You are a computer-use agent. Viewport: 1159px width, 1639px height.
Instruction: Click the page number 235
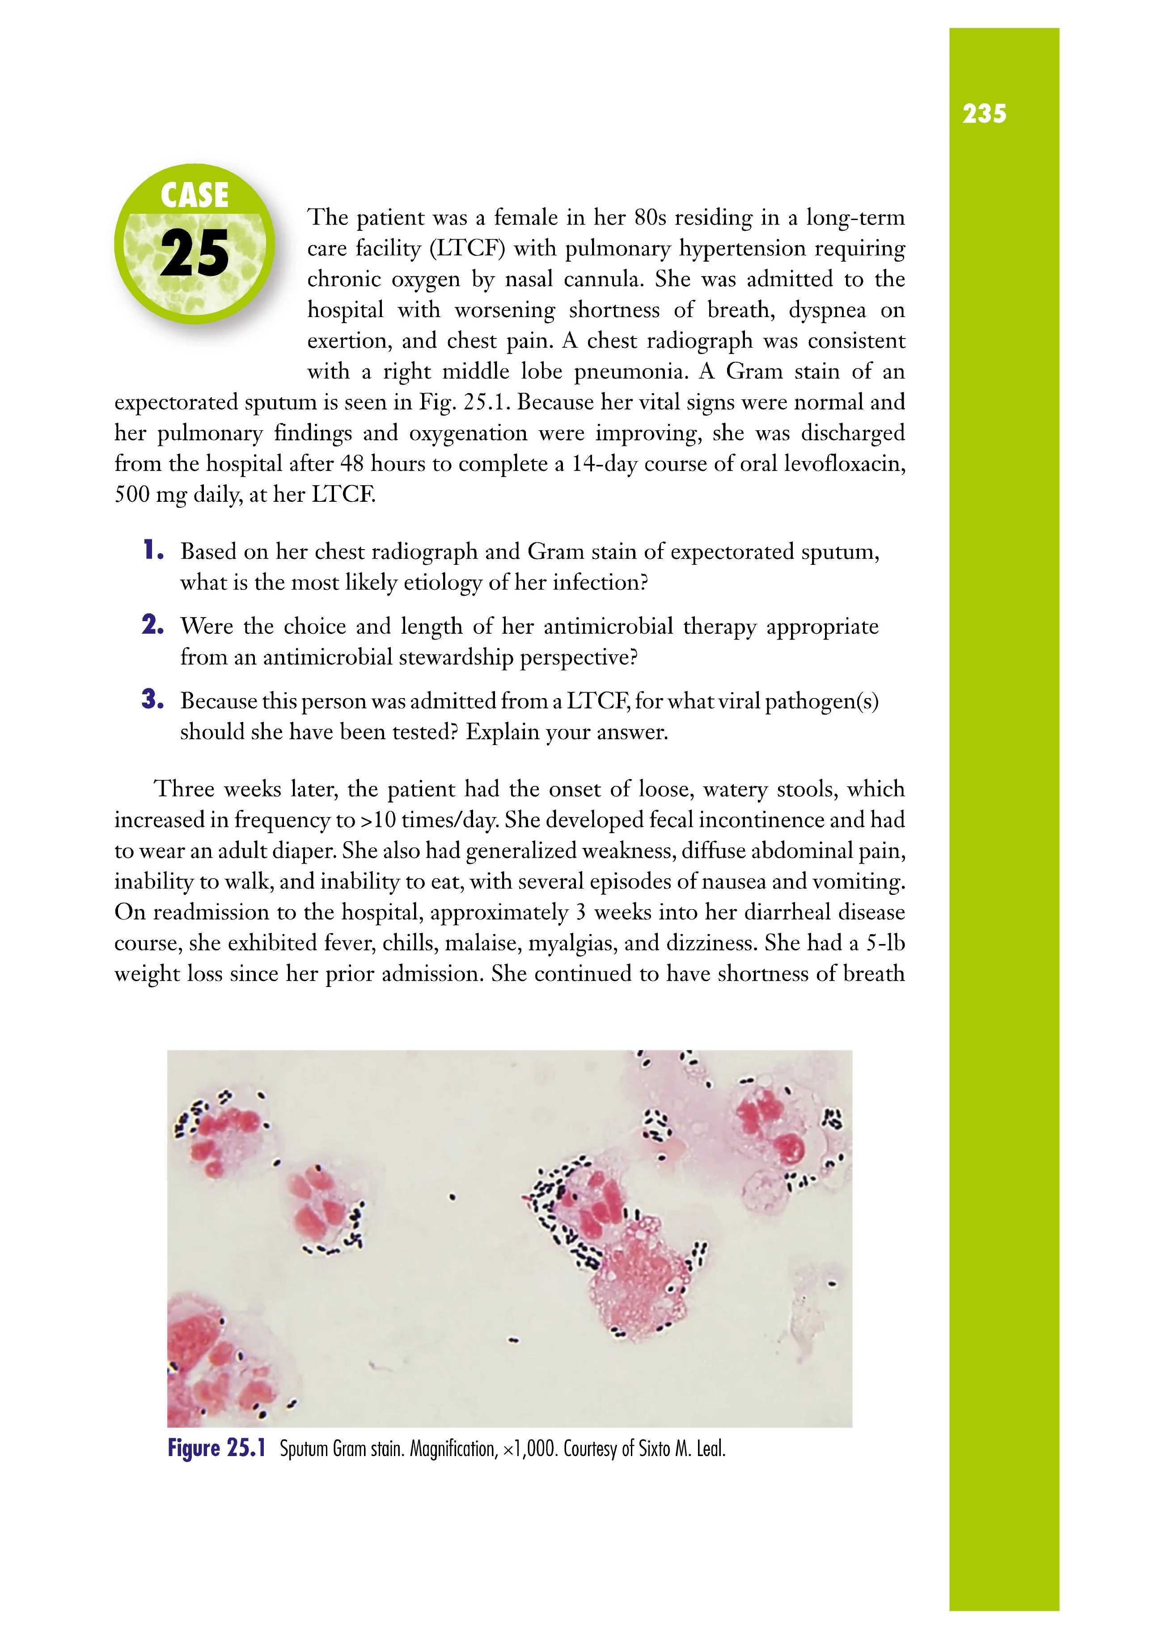[x=984, y=114]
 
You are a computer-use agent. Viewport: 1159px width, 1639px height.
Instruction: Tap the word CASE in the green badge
[x=194, y=195]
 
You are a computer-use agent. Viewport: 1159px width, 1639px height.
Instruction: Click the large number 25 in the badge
[x=194, y=254]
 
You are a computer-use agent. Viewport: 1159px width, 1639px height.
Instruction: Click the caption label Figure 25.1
[x=216, y=1448]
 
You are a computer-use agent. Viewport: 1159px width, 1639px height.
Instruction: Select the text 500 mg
[x=150, y=495]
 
